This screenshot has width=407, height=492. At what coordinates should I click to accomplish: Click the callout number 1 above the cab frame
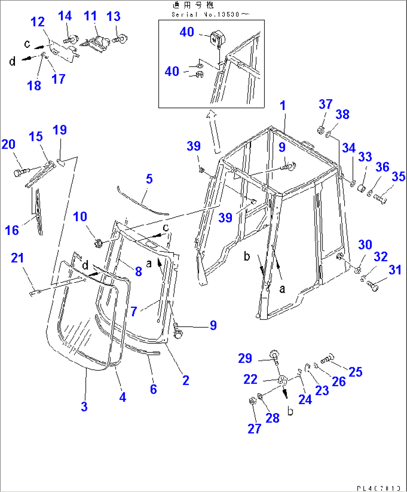(x=283, y=105)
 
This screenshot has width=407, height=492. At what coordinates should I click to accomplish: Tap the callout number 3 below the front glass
(x=84, y=406)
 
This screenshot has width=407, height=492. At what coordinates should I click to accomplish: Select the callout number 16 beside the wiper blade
(x=12, y=230)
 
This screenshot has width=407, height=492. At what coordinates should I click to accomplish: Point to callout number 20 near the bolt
(x=8, y=144)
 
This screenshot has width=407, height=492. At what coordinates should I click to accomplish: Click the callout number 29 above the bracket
(x=245, y=358)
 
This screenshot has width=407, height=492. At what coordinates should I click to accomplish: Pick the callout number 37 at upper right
(x=325, y=104)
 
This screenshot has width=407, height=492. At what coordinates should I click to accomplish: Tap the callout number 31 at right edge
(x=395, y=270)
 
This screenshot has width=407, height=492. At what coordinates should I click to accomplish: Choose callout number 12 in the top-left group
(x=37, y=22)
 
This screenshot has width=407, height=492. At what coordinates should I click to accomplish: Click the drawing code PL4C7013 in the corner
(x=378, y=488)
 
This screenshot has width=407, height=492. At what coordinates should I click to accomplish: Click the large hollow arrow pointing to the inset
(x=214, y=131)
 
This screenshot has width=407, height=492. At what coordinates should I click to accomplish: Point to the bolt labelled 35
(x=380, y=199)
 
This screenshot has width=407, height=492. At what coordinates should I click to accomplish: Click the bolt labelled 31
(x=372, y=287)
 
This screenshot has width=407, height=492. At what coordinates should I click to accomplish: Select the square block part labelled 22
(x=283, y=381)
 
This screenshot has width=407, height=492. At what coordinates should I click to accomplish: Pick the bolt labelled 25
(x=327, y=359)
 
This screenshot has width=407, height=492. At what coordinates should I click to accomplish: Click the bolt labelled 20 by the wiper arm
(x=21, y=172)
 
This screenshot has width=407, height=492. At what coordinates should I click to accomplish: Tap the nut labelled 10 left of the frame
(x=99, y=244)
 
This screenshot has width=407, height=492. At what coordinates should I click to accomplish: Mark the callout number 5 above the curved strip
(x=149, y=179)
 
